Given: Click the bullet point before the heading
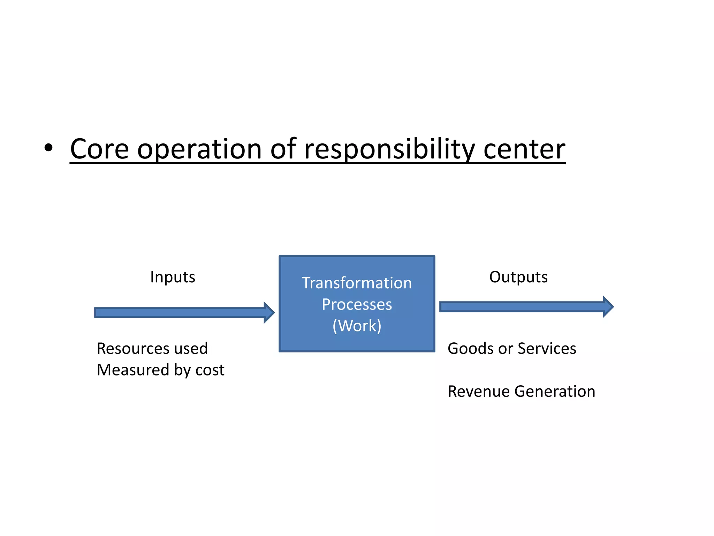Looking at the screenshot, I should [x=48, y=148].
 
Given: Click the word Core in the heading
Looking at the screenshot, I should [x=99, y=149].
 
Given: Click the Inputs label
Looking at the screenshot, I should [x=173, y=277].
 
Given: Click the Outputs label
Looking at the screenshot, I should [x=518, y=277].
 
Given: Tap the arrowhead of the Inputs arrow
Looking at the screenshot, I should [x=269, y=313].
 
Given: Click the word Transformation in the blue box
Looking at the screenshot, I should [x=357, y=283].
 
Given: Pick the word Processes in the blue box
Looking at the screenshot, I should [x=357, y=305].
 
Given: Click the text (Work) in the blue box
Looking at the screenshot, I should [x=357, y=326].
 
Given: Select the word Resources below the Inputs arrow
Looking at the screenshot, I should [x=128, y=349].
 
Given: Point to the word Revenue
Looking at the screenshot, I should [x=476, y=392].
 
